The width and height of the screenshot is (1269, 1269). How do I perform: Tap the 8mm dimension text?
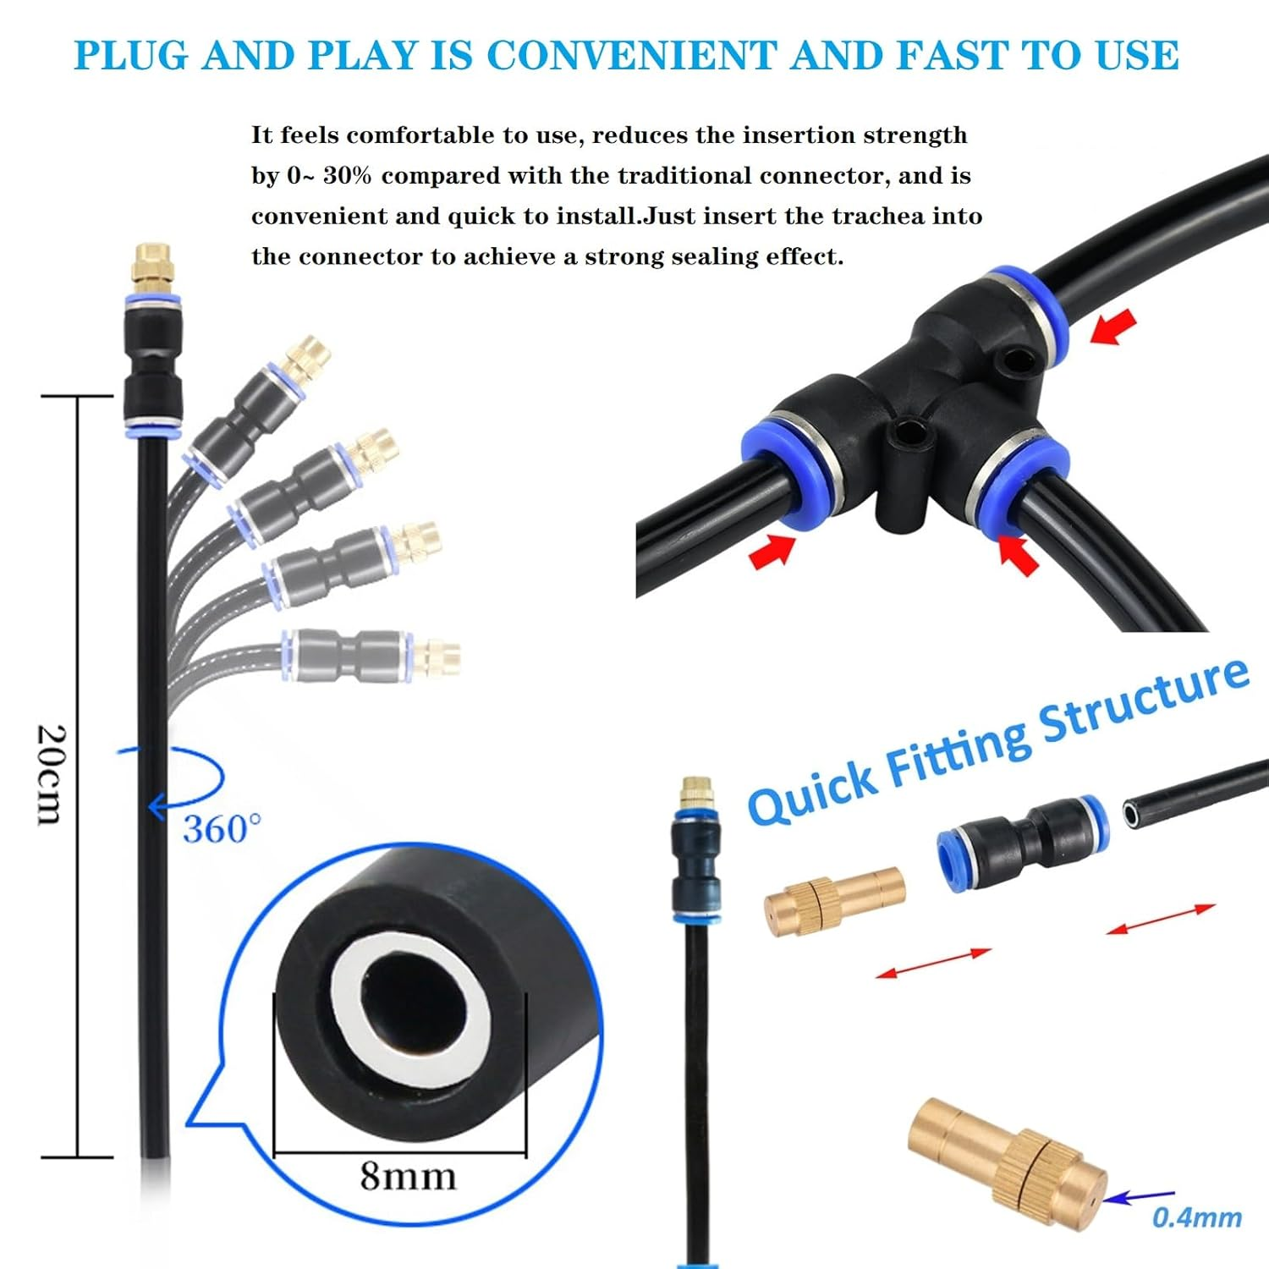pyautogui.click(x=408, y=1175)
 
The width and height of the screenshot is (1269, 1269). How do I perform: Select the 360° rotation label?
pyautogui.click(x=222, y=829)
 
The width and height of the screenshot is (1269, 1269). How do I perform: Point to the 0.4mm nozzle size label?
pyautogui.click(x=1196, y=1217)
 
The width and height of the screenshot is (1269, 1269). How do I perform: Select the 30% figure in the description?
pyautogui.click(x=347, y=175)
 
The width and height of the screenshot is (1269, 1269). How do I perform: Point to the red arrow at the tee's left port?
pyautogui.click(x=772, y=552)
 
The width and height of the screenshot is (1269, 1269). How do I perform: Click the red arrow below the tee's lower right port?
pyautogui.click(x=1019, y=555)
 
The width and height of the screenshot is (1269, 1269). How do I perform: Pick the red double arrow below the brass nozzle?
pyautogui.click(x=933, y=964)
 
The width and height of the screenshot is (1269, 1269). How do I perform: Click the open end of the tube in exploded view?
pyautogui.click(x=1132, y=814)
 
